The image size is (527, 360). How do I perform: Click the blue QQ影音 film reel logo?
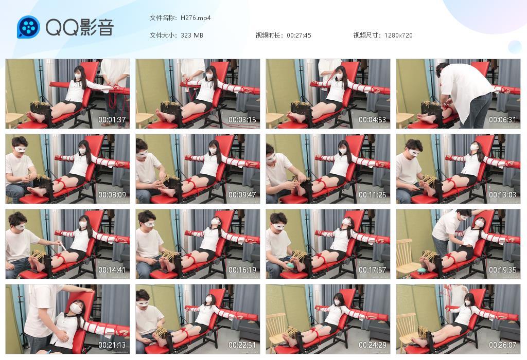coord(28,27)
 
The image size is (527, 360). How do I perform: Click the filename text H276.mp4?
coord(196,18)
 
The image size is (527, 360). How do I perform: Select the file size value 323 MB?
coord(192,35)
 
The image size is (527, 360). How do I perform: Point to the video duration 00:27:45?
coord(299,35)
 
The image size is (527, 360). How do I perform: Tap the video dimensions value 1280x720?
coord(398,35)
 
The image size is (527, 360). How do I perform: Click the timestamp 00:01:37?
coord(112,120)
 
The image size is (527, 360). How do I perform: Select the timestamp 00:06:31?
coord(502,120)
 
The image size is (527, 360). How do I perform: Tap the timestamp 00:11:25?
coord(372,195)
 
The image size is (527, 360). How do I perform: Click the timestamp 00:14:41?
coord(112,270)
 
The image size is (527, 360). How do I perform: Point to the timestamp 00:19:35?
coord(502,270)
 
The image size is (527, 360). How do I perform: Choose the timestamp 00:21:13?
coord(112,345)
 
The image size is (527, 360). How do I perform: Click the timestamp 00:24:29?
coord(372,345)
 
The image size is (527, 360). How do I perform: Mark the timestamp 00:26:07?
coord(502,345)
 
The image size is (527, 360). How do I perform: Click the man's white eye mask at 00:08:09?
coord(21,149)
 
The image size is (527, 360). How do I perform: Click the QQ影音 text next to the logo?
coord(80,27)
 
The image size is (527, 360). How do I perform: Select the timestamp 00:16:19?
coord(242,270)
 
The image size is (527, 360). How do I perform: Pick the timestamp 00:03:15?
coord(242,120)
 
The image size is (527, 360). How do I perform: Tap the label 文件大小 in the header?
coord(162,35)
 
